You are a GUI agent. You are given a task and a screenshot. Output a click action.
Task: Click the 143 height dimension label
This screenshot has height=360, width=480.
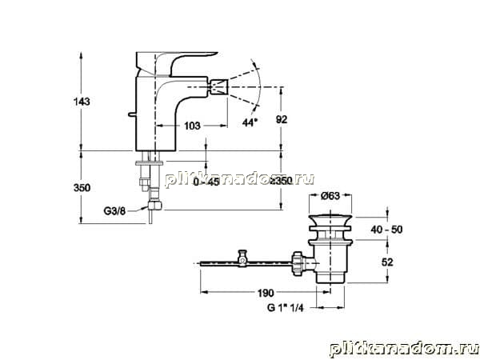click(82, 102)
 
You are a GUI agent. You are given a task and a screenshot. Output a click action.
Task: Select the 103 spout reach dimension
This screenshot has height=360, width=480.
click(192, 126)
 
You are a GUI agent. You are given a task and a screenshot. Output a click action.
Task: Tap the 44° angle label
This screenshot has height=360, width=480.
click(250, 122)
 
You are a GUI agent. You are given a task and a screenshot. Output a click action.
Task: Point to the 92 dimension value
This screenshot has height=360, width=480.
click(282, 119)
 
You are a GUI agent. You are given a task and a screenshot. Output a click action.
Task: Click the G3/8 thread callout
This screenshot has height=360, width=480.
click(114, 211)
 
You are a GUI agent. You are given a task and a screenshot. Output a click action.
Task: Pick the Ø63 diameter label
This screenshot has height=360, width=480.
click(330, 196)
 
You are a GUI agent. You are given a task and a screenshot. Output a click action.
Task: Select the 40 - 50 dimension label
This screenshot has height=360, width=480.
click(386, 230)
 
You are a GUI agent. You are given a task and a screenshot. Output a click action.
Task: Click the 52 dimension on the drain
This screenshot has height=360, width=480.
click(387, 262)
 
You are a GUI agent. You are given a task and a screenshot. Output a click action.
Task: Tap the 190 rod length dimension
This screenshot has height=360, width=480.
click(266, 293)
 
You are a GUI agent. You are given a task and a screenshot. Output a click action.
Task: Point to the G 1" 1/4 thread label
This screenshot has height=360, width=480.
click(286, 308)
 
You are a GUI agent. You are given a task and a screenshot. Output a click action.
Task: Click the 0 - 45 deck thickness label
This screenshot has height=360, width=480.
click(206, 182)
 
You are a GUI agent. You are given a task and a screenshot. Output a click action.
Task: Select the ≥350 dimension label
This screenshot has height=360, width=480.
click(280, 181)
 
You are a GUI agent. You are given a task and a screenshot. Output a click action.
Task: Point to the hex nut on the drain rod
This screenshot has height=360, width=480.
click(298, 263)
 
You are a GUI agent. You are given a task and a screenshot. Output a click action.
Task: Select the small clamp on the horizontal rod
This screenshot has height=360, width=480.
click(242, 258)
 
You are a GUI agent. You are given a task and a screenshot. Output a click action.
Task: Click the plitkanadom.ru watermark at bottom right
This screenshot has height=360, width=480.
click(404, 350)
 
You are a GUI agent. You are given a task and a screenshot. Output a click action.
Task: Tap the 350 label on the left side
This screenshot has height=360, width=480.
click(82, 188)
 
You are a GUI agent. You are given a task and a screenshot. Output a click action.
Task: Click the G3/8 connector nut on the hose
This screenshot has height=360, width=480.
click(155, 205)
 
